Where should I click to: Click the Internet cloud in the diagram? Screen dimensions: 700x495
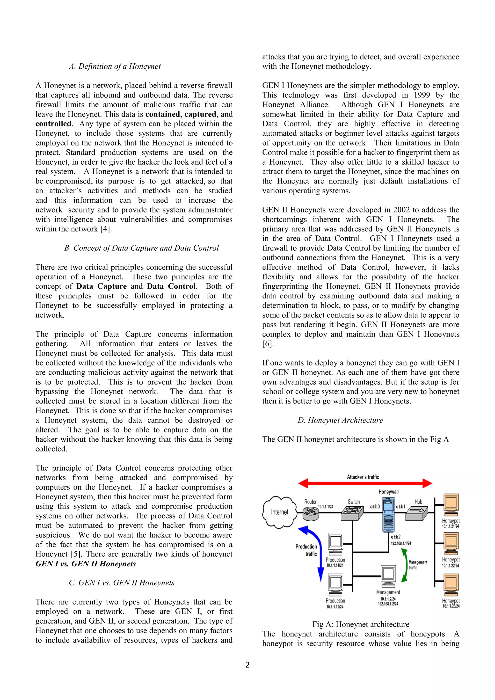click(279, 512)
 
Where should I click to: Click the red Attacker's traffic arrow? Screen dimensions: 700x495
click(365, 483)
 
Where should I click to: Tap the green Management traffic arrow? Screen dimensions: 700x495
click(404, 566)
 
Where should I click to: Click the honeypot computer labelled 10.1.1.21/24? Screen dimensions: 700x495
click(451, 504)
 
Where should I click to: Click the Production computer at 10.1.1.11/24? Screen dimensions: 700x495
click(335, 544)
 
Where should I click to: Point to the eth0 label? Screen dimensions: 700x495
click(375, 507)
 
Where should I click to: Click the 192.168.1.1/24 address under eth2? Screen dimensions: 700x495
click(401, 543)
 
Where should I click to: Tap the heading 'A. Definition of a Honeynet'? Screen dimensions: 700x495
click(115, 66)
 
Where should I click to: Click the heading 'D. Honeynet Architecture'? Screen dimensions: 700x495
click(340, 420)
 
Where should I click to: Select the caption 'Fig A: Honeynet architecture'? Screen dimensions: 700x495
click(361, 625)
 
